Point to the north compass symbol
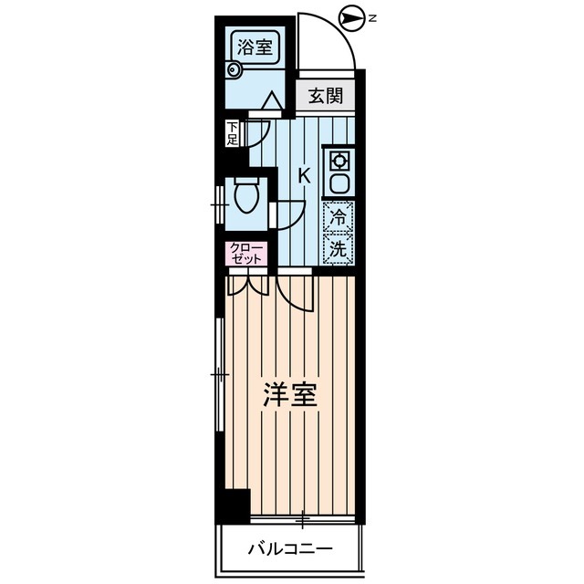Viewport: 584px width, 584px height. tap(348, 16)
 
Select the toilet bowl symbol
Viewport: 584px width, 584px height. tap(246, 194)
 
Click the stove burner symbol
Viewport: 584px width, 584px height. tap(339, 161)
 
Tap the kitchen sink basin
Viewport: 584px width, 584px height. tap(339, 182)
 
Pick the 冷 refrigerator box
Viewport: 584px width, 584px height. tap(339, 218)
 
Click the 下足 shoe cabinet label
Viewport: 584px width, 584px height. tap(233, 133)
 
